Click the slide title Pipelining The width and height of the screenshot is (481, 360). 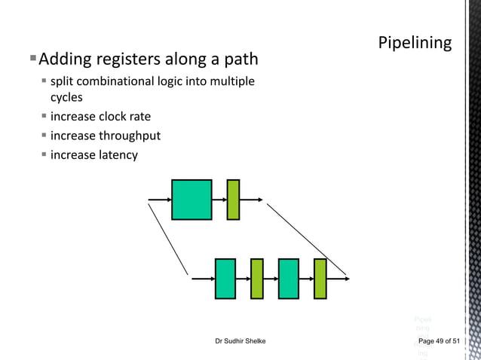(x=415, y=43)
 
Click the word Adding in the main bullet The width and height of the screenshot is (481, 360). (x=63, y=59)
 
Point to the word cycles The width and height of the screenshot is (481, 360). (x=66, y=97)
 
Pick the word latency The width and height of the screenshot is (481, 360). (x=118, y=154)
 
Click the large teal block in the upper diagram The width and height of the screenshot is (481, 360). (x=191, y=200)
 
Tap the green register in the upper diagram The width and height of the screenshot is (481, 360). (x=233, y=200)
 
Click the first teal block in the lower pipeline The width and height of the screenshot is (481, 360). (x=225, y=278)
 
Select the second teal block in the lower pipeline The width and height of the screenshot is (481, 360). (x=289, y=278)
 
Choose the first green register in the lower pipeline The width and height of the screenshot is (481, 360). (x=257, y=278)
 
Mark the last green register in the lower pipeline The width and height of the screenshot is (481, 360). (x=320, y=278)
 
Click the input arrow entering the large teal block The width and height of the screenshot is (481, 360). (x=160, y=200)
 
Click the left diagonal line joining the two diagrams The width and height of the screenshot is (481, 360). (x=168, y=238)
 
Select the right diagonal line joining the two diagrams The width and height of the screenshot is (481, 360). (x=305, y=238)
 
